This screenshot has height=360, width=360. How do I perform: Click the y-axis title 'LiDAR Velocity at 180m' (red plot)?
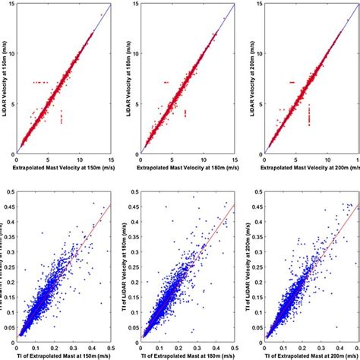coord(127,79)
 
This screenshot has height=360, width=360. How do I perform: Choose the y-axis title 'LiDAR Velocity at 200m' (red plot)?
coord(250,79)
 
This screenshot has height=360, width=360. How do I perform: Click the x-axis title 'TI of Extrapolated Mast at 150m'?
coord(65,355)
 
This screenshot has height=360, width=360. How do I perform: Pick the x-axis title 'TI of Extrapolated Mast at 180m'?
coord(188,355)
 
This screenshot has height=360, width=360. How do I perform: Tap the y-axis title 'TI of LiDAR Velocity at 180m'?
coord(127,270)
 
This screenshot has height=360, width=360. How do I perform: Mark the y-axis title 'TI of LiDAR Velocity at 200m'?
coord(250,270)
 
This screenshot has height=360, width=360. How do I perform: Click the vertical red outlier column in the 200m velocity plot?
coord(309,115)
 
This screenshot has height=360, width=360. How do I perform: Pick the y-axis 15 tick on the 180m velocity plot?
coord(134,5)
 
